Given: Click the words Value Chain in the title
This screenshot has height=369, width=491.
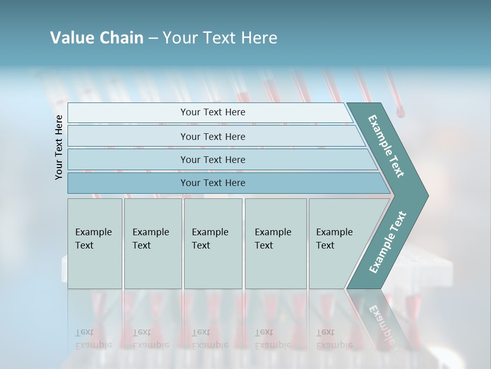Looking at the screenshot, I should point(97,38).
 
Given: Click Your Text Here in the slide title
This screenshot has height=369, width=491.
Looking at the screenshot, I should point(220,38).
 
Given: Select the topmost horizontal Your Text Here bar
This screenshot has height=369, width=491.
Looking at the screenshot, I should point(212,112).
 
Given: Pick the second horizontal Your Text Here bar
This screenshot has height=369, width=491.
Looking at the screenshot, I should point(212,136).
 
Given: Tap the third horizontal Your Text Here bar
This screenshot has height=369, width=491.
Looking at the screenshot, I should point(212,159).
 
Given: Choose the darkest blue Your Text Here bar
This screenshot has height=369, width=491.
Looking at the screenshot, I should point(212,183).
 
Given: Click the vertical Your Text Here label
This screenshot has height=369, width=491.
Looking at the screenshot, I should point(59,147).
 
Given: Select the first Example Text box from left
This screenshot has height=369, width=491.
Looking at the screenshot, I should point(95,243).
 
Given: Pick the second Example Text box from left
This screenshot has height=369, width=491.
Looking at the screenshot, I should point(152,243).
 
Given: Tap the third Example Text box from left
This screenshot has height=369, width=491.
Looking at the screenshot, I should point(213,243).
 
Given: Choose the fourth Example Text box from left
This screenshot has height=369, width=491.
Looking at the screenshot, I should point(275,243).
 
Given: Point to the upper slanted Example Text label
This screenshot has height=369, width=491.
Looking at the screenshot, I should point(387,146).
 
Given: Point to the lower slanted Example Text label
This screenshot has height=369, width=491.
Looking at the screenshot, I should point(388,242).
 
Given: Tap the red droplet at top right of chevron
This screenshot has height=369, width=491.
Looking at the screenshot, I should point(400,111).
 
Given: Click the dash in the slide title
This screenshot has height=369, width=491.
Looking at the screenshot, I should point(152,38).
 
